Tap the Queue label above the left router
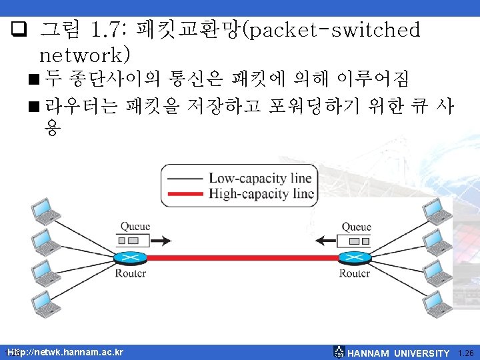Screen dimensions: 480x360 [x=135, y=227]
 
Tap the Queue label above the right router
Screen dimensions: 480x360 [x=357, y=227]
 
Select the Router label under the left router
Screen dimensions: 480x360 [x=131, y=273]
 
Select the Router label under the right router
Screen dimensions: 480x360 [x=354, y=273]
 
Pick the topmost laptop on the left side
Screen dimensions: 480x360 [x=45, y=213]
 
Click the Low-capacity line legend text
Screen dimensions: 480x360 [x=260, y=178]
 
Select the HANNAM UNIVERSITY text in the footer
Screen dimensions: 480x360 [x=399, y=353]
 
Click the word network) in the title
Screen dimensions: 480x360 [x=85, y=51]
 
